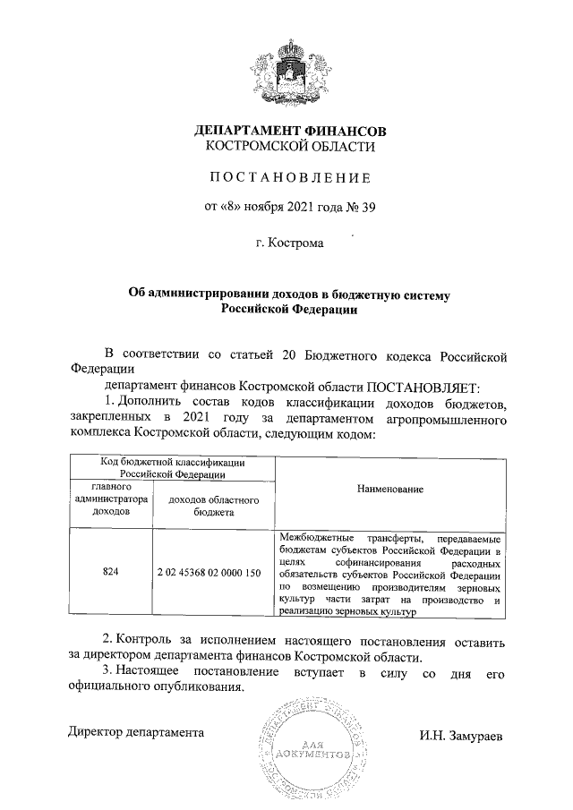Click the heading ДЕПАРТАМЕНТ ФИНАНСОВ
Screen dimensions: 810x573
[290, 132]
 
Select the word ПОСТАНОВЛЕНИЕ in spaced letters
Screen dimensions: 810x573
[290, 178]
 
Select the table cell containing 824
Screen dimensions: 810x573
[111, 571]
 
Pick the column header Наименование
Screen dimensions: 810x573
[390, 490]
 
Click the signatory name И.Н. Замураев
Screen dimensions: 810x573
[461, 734]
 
